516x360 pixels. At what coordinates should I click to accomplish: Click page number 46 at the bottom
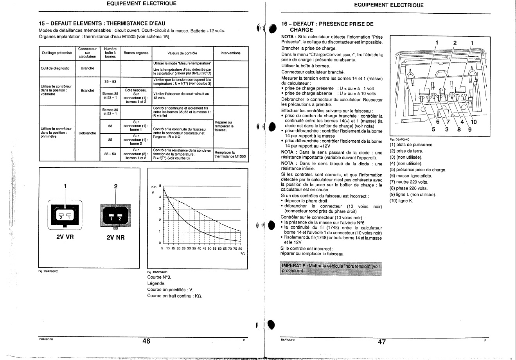pos(146,341)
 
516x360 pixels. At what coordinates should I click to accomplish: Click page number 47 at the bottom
pos(382,342)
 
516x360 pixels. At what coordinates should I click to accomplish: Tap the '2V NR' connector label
pos(115,237)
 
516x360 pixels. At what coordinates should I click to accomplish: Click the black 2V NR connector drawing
pos(115,215)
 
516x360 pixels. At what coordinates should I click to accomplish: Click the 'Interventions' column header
pos(230,53)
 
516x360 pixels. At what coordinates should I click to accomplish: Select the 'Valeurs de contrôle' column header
pos(182,53)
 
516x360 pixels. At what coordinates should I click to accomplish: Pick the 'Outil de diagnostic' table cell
pos(55,68)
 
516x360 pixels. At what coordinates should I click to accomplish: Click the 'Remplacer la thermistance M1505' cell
pos(230,154)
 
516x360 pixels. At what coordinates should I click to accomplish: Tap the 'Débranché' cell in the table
pos(87,133)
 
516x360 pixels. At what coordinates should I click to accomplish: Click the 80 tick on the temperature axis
pos(240,249)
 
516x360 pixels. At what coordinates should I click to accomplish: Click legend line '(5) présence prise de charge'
pos(417,170)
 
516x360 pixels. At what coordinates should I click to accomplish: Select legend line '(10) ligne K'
pos(401,201)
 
